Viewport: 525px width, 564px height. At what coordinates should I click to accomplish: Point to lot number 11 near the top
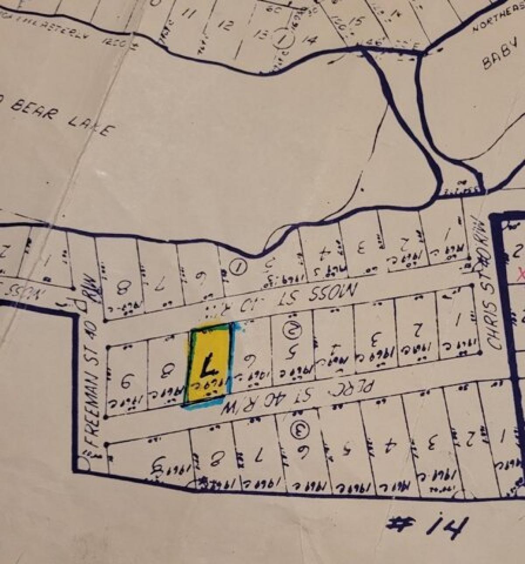[x=189, y=14]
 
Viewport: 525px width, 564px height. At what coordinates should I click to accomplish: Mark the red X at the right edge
[x=521, y=275]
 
